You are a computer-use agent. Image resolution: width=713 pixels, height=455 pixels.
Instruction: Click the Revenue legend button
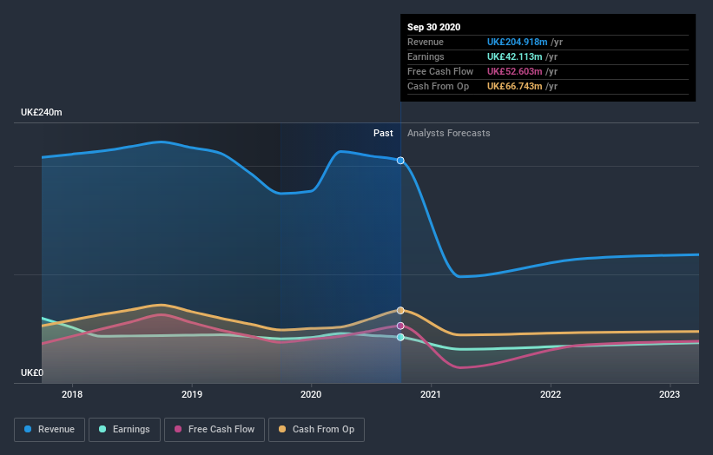tap(50, 429)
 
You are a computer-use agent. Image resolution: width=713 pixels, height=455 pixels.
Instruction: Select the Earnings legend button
tap(125, 429)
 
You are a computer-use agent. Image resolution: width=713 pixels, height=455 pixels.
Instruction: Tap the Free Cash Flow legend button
tap(215, 429)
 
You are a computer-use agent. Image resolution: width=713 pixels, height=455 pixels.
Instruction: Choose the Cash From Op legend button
tap(317, 429)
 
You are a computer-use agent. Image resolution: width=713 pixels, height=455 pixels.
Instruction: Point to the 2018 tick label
tap(72, 394)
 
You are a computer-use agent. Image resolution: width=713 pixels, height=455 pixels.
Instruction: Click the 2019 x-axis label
tap(192, 394)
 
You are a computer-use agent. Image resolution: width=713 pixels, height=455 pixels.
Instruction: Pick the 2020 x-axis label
tap(311, 394)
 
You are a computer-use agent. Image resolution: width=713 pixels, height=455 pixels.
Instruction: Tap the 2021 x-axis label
tap(431, 394)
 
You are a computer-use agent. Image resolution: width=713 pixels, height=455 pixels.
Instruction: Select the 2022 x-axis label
tap(551, 394)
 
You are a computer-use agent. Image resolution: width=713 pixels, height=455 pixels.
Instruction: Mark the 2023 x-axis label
tap(670, 394)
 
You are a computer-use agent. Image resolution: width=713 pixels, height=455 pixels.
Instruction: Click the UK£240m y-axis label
tap(42, 113)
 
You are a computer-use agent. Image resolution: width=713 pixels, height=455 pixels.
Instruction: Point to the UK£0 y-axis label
tap(32, 373)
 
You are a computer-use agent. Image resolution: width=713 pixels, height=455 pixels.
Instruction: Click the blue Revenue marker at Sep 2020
tap(400, 161)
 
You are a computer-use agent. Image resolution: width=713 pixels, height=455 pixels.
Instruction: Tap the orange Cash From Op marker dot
tap(400, 310)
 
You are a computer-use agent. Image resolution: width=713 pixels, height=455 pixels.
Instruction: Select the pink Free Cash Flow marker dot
tap(400, 326)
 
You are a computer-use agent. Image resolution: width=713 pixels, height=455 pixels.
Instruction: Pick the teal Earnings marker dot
tap(400, 337)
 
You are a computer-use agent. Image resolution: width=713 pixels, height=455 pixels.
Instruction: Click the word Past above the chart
tap(383, 134)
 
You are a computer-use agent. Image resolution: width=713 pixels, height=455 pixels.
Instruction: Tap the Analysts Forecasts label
tap(448, 134)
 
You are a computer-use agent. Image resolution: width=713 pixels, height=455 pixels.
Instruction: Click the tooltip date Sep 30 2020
tap(435, 27)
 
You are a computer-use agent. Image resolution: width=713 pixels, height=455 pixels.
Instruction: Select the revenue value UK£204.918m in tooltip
tap(518, 42)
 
